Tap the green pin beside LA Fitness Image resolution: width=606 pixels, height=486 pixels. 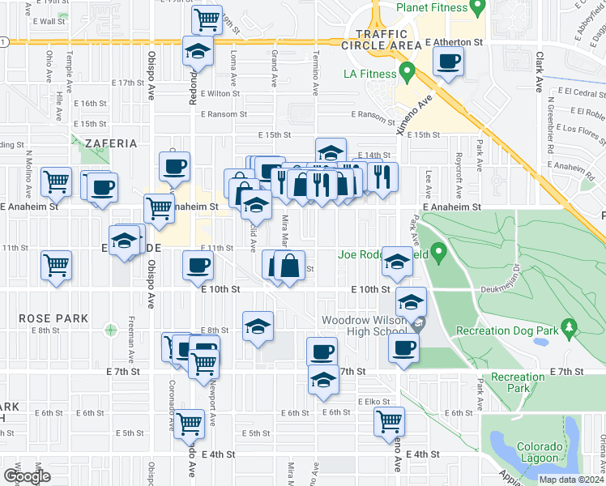click(x=408, y=72)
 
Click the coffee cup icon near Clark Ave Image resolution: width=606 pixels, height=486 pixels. click(x=448, y=61)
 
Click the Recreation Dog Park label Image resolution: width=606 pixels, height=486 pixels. click(x=507, y=330)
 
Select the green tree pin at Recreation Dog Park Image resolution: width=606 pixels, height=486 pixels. click(x=569, y=328)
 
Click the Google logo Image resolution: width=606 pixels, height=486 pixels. click(x=27, y=475)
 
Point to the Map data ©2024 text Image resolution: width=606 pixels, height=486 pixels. click(x=570, y=480)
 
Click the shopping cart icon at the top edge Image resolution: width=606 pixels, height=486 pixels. click(x=207, y=18)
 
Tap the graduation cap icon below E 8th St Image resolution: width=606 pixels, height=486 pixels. click(x=258, y=326)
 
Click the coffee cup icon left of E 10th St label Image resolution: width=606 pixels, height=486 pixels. click(x=198, y=264)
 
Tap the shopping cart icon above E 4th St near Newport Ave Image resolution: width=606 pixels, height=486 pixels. click(x=188, y=423)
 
